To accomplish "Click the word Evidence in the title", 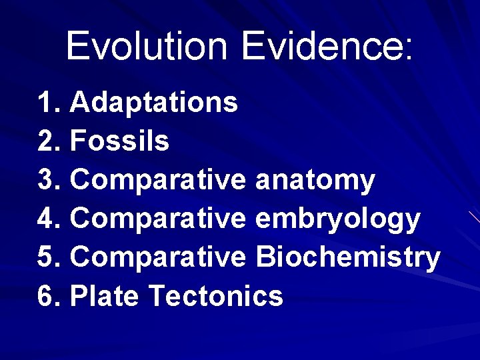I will pos(321,46).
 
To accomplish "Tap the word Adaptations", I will pos(154,103).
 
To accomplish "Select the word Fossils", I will pos(119,141).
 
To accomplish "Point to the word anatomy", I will pos(315,181).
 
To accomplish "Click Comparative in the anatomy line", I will pos(158,181).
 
